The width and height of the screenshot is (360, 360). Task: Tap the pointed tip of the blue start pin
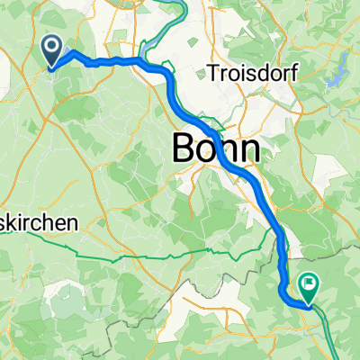click(51, 68)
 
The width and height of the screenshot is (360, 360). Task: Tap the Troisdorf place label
click(246, 72)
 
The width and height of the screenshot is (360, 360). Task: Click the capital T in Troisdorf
click(212, 72)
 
